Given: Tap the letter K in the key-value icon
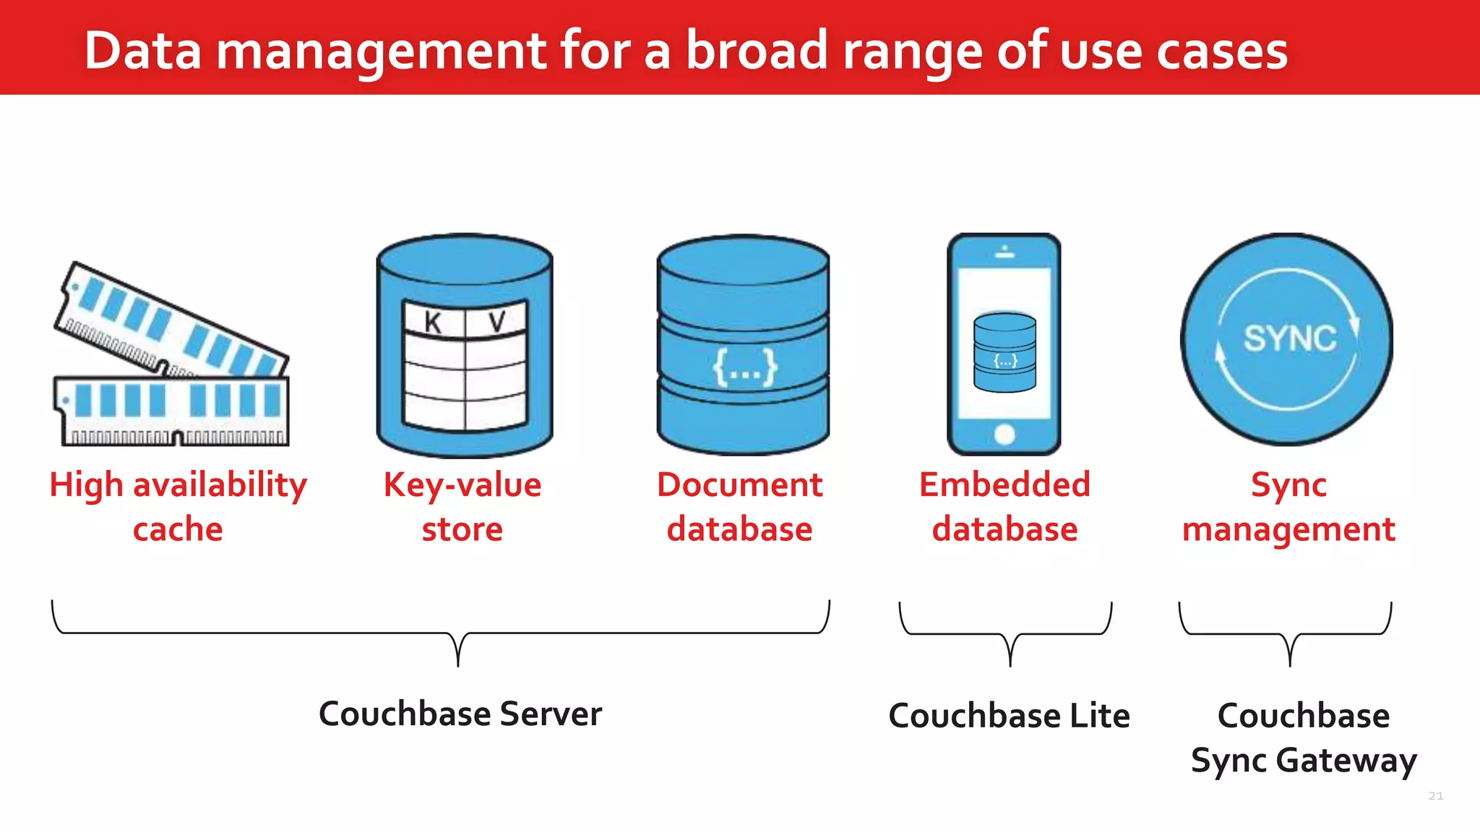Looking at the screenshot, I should [433, 322].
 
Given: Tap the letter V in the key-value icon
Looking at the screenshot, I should [497, 322].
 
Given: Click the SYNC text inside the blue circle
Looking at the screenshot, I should [1290, 338].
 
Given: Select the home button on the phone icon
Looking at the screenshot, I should [1004, 435].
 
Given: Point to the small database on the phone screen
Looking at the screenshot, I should [1004, 352].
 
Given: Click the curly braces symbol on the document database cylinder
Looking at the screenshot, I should [744, 367].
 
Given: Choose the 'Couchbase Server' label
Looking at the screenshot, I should [460, 714].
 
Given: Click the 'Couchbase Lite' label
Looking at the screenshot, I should [1009, 716].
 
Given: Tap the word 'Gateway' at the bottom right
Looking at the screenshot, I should [1346, 761].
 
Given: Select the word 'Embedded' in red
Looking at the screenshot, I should [1004, 484].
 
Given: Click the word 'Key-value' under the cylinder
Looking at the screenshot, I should [462, 484].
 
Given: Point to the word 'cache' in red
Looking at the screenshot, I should [178, 529].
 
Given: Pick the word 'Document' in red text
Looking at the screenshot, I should [739, 484].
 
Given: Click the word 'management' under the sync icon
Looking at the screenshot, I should [1288, 529].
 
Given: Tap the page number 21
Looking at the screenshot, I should [1436, 796].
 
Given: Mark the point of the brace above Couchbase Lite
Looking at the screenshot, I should [1010, 664].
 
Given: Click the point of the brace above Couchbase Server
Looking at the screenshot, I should [458, 664].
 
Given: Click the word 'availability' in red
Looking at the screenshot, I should [220, 484].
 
